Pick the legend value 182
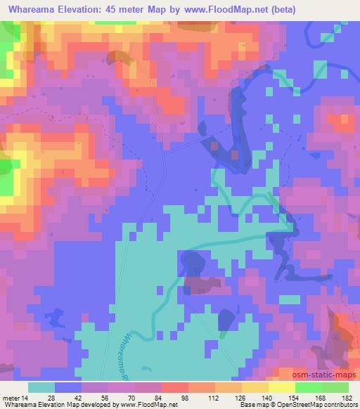347,398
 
